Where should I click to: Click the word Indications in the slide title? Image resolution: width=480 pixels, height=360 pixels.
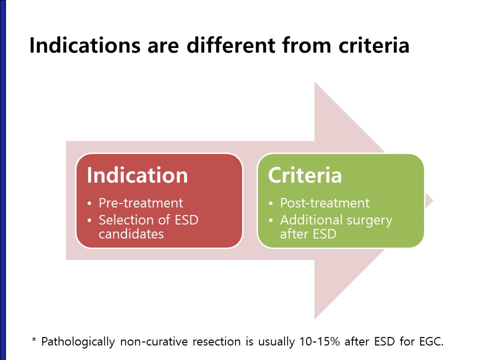85,45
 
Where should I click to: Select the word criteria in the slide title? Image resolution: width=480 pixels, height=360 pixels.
374,45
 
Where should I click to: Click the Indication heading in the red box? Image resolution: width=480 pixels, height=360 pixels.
137,175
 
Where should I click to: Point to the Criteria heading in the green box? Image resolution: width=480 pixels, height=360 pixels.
304,175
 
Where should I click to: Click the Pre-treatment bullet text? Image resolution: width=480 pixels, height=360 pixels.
141,203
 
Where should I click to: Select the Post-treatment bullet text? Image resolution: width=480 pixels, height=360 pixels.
325,203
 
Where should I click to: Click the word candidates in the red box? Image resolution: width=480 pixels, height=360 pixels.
131,234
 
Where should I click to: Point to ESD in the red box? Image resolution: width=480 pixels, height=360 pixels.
186,220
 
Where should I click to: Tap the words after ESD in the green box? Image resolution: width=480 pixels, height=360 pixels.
308,234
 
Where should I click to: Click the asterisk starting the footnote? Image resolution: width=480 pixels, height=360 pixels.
34,340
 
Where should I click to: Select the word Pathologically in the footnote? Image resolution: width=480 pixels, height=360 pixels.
78,341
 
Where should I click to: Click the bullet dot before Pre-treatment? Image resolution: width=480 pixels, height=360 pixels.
89,203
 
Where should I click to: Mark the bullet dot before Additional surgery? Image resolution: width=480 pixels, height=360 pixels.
270,220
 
